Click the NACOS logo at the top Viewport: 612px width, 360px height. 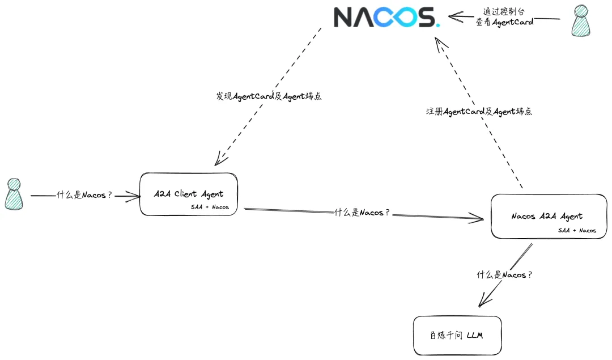[x=386, y=17]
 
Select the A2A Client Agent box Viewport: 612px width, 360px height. [x=189, y=194]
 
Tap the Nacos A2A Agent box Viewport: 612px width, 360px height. [x=548, y=216]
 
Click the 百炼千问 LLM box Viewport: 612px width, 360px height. [x=457, y=336]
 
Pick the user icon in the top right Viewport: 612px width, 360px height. [x=583, y=20]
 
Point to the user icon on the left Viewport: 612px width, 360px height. [x=14, y=194]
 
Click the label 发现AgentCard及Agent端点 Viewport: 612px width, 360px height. [x=269, y=96]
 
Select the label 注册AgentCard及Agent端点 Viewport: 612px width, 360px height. [x=479, y=112]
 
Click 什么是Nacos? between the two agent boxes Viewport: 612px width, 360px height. [x=362, y=213]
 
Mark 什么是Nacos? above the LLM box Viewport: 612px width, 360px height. [x=504, y=275]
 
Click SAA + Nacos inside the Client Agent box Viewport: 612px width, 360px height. [x=210, y=207]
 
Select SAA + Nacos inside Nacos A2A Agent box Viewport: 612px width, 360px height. [x=577, y=230]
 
